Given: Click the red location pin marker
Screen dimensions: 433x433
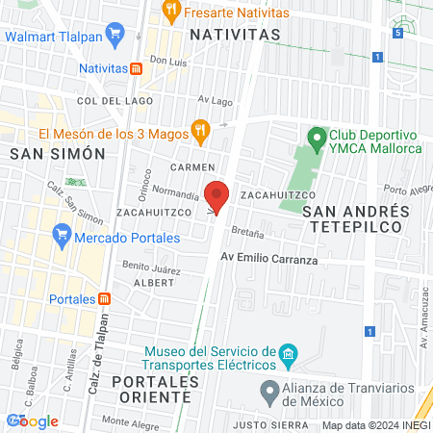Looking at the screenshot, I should [x=216, y=195].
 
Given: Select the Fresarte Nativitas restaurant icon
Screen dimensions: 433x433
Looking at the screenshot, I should [x=171, y=12].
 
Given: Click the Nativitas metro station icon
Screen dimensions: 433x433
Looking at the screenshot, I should [x=137, y=69].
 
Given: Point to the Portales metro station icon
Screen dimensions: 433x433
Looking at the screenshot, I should [x=105, y=298].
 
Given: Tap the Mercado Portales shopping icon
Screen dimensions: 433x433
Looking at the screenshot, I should [x=63, y=233].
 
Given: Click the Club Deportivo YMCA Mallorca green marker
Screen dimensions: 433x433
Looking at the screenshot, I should [x=315, y=137].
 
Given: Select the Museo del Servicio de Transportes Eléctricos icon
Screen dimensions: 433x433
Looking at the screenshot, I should [x=288, y=358].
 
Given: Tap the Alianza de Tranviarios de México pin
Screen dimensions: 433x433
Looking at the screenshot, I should [x=270, y=392].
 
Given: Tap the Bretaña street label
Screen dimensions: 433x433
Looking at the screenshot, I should [x=245, y=234].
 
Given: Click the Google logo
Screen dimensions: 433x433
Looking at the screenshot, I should [x=33, y=420].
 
